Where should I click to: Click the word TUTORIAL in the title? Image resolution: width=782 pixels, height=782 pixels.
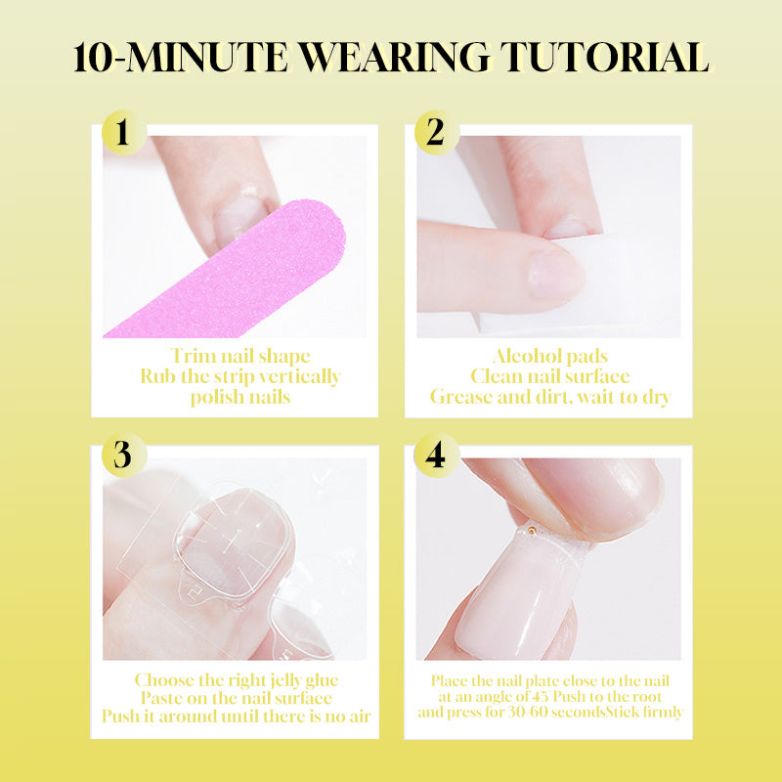pos(604,58)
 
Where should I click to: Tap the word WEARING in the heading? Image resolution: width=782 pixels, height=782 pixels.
pos(394,58)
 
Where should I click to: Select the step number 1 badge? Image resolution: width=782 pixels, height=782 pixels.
pos(124,133)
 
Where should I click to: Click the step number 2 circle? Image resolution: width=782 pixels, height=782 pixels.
pos(436,133)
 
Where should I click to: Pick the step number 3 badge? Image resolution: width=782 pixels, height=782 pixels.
pos(124,455)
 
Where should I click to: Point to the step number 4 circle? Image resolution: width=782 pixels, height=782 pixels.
pos(436,455)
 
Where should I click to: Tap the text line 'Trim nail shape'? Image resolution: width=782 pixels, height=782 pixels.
pos(240,356)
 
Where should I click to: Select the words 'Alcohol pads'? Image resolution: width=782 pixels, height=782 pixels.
pos(550,356)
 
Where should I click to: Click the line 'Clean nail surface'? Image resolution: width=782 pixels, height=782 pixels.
pos(550,376)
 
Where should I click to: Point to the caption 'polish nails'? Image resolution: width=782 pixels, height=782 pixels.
pos(240,397)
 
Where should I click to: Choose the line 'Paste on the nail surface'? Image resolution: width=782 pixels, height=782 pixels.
pos(237,698)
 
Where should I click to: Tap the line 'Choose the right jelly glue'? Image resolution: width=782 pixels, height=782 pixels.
pos(237,679)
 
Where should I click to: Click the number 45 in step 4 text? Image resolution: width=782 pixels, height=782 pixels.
pos(541,696)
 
